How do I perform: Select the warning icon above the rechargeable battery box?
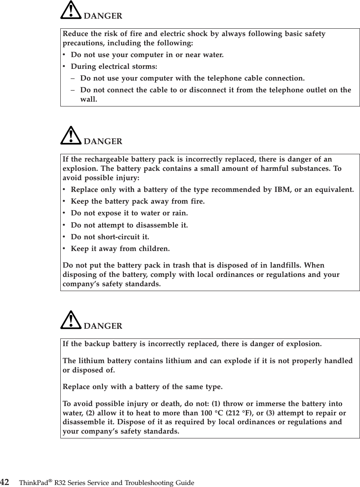point(70,136)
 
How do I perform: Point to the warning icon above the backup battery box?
point(70,320)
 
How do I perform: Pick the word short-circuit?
point(118,237)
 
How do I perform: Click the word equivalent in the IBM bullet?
point(336,189)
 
